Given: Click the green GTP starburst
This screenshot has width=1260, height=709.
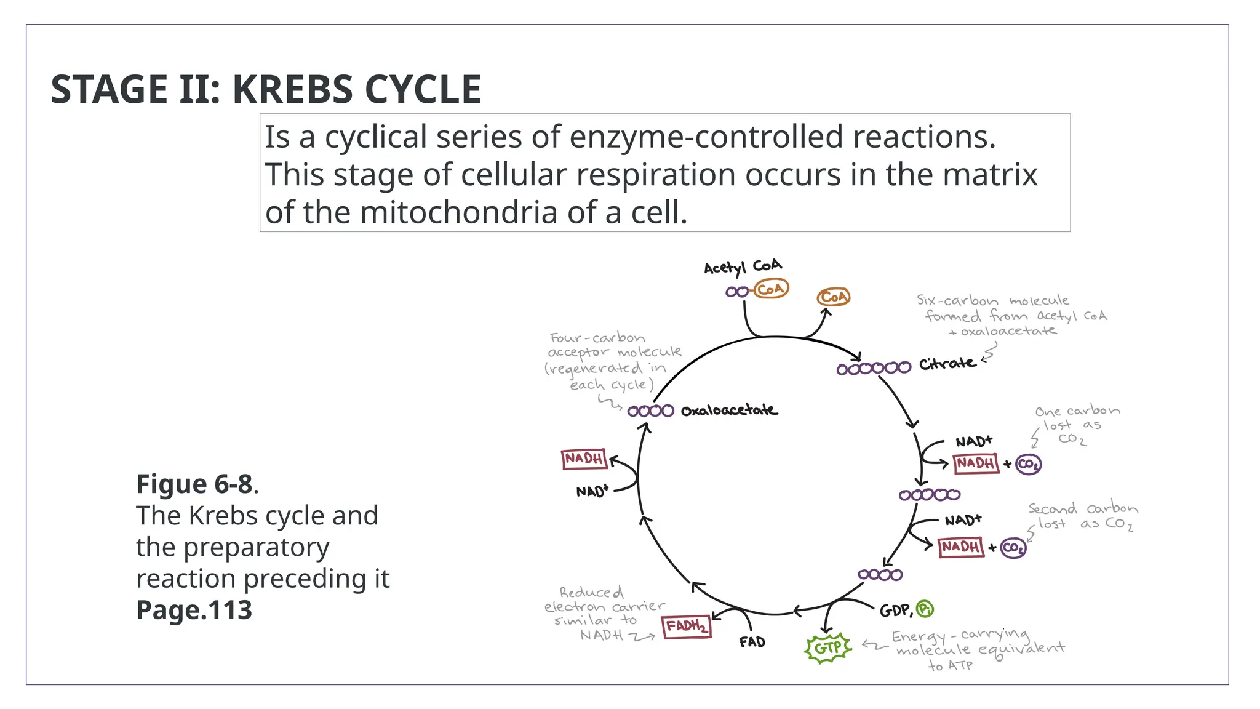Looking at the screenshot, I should pyautogui.click(x=828, y=648).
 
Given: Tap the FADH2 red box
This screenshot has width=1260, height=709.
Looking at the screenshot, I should pyautogui.click(x=687, y=627).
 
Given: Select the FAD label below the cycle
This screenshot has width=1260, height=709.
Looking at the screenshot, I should pyautogui.click(x=752, y=642).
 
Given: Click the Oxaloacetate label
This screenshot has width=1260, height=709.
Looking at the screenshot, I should pyautogui.click(x=729, y=411).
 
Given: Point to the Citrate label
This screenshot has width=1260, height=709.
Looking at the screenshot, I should pyautogui.click(x=947, y=364).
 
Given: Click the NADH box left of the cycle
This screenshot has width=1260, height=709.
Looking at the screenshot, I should pyautogui.click(x=584, y=459).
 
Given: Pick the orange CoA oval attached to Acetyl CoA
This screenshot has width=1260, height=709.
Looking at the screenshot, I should pyautogui.click(x=771, y=289).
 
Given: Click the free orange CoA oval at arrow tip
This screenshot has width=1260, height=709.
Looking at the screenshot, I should pyautogui.click(x=834, y=297).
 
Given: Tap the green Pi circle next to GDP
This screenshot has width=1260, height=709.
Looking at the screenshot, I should pyautogui.click(x=925, y=609).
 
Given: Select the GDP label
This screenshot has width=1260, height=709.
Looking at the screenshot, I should pyautogui.click(x=895, y=611).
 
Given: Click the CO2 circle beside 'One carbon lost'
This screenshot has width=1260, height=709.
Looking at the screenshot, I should pyautogui.click(x=1028, y=464).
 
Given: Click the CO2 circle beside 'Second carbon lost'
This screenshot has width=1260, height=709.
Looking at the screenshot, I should pyautogui.click(x=1013, y=547).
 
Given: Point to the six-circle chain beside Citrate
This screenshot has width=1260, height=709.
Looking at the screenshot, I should pyautogui.click(x=874, y=369).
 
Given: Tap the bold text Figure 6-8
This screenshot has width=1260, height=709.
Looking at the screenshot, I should pyautogui.click(x=194, y=484).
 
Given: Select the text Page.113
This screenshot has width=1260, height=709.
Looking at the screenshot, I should pyautogui.click(x=194, y=610).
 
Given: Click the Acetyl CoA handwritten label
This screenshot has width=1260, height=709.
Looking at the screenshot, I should pyautogui.click(x=743, y=266).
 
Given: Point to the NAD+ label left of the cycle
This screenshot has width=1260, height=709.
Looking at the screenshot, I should pyautogui.click(x=592, y=491).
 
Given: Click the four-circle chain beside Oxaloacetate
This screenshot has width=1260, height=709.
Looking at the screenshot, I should pyautogui.click(x=650, y=411).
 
